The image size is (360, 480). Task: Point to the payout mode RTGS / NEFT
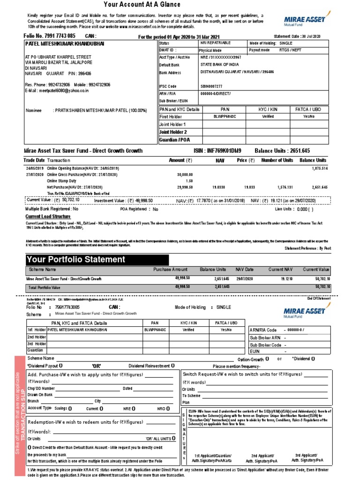point(291,50)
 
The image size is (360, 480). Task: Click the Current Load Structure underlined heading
point(48,217)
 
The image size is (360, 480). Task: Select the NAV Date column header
point(244,270)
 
